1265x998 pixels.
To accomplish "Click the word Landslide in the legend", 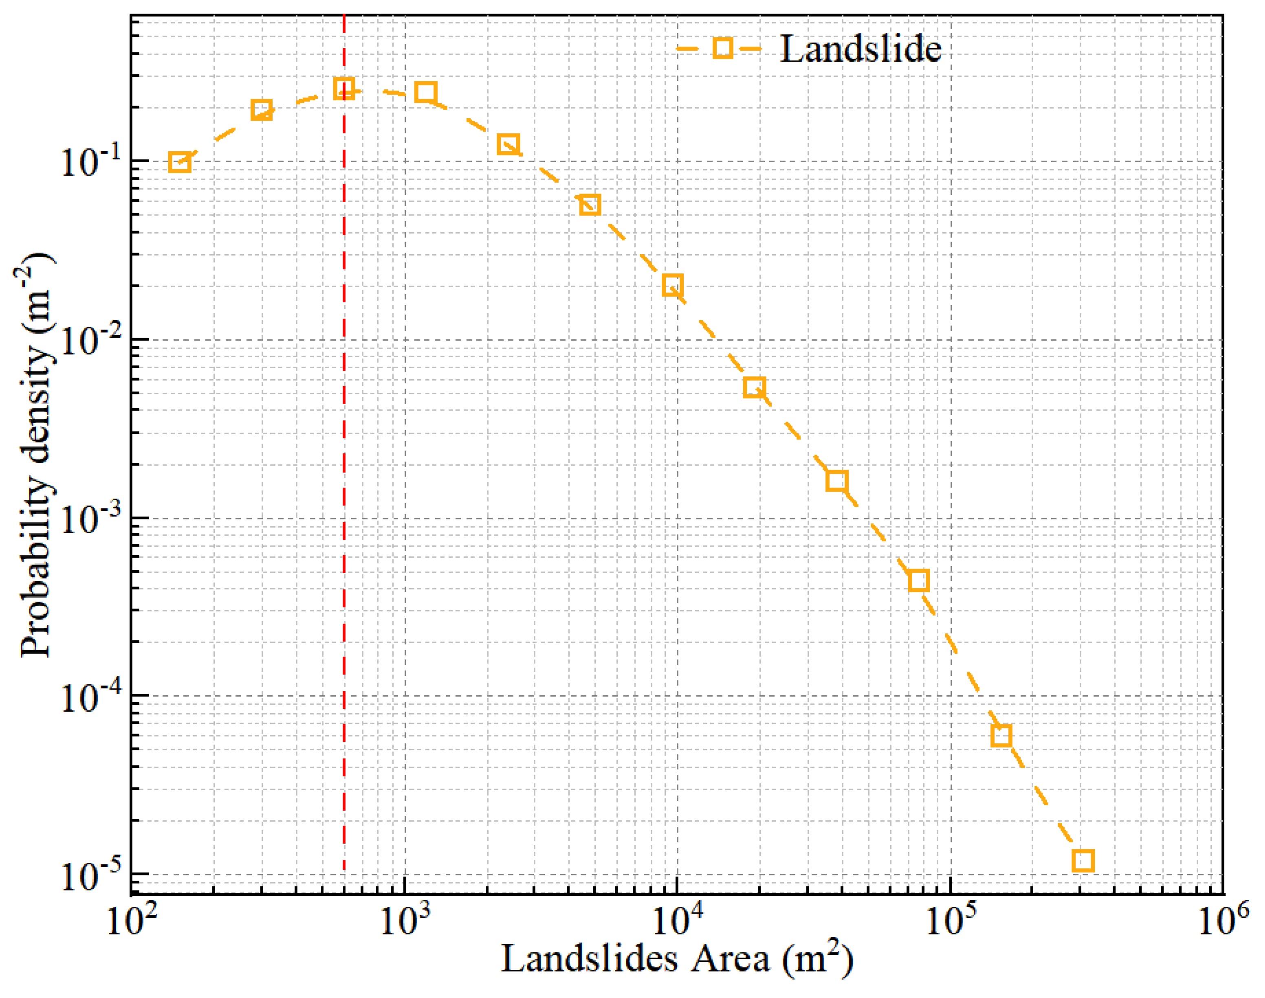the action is point(860,48).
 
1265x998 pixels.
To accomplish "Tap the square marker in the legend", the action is point(723,48).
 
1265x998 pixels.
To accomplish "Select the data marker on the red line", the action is point(344,89).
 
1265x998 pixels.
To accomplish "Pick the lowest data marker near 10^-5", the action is point(1083,861).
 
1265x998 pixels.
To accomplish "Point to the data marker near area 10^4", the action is point(673,286).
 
